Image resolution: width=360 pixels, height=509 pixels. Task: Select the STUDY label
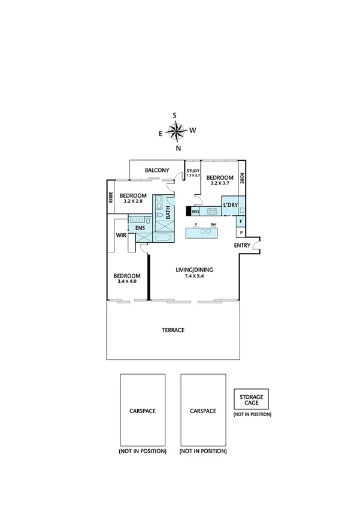(192, 171)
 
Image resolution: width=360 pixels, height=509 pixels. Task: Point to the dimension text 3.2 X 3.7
(219, 183)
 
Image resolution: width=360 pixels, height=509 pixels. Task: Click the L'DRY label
(230, 206)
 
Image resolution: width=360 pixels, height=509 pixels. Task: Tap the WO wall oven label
(195, 211)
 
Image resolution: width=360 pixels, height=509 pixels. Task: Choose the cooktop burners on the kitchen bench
(212, 211)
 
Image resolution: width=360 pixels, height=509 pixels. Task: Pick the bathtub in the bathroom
(162, 238)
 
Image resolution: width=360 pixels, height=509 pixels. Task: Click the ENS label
(140, 228)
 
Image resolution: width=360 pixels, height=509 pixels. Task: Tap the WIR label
(120, 236)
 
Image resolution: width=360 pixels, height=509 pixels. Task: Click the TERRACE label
(173, 330)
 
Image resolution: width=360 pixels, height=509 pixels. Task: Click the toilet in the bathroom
(160, 215)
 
